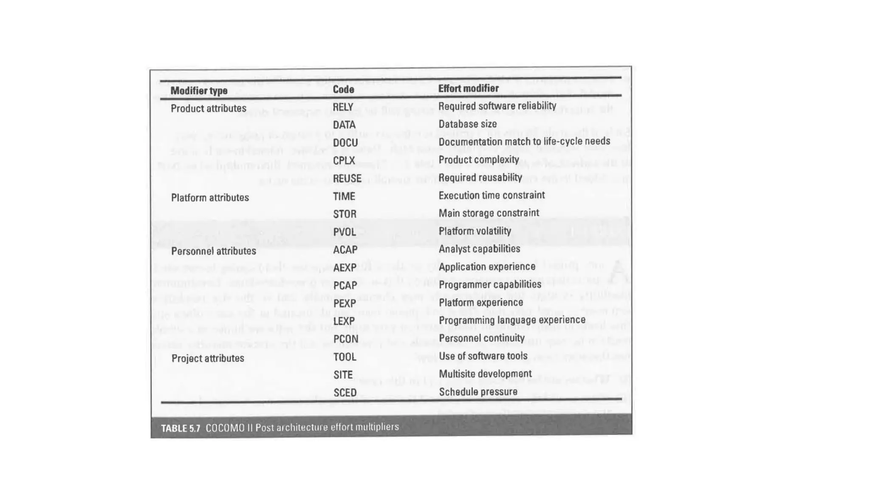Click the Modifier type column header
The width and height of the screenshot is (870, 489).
(199, 91)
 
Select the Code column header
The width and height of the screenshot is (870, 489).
(343, 90)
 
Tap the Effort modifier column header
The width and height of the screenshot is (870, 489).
(468, 88)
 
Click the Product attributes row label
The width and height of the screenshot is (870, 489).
(208, 109)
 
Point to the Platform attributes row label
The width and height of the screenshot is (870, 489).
(210, 198)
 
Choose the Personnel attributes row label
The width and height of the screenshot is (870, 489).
(213, 251)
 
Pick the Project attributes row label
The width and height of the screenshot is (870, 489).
(208, 359)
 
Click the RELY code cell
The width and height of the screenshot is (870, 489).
(343, 107)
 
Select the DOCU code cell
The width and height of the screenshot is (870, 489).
(345, 143)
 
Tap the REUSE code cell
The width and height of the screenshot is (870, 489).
(347, 179)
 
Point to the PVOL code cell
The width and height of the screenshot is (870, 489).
(345, 232)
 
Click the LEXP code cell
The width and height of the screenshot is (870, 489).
(344, 321)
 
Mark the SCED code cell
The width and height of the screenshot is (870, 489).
(345, 393)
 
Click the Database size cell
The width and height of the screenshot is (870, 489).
(467, 124)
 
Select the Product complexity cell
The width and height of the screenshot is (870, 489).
(479, 160)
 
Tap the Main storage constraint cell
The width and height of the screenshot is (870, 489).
(489, 213)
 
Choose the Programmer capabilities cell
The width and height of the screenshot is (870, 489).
(490, 284)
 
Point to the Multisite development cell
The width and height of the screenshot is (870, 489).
(485, 374)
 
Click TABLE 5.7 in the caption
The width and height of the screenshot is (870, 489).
(181, 428)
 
